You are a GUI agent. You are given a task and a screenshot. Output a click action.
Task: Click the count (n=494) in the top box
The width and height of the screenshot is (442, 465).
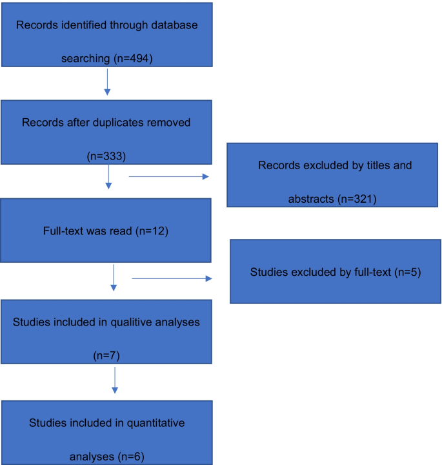[x=133, y=59]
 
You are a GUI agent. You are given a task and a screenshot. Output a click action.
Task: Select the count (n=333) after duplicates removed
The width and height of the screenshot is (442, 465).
[x=106, y=156]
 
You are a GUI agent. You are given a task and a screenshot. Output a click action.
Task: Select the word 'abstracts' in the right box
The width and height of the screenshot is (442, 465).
[x=312, y=198]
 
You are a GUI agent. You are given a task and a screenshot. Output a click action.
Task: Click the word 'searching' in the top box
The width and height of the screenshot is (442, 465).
[x=86, y=59]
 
